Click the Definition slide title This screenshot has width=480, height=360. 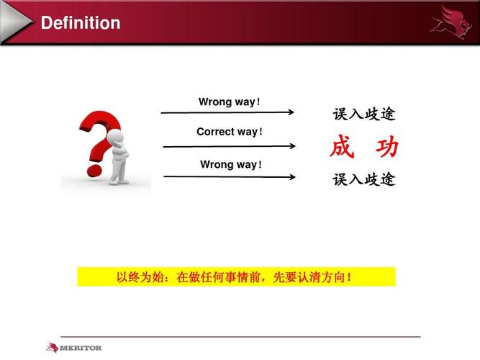(x=81, y=23)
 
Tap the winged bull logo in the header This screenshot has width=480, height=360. (x=450, y=23)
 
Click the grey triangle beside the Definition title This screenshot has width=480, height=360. (x=16, y=22)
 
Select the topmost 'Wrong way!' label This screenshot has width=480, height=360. (x=230, y=102)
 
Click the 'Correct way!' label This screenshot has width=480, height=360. (x=230, y=132)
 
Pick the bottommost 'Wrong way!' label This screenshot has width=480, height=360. (x=231, y=165)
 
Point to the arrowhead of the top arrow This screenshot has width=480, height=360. (x=291, y=112)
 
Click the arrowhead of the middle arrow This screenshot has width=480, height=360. (x=292, y=146)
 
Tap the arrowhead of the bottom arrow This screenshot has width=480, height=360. (x=292, y=177)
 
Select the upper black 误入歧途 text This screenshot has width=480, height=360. (x=364, y=114)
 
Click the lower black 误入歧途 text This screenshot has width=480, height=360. (x=364, y=179)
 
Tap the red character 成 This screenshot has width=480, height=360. (x=343, y=146)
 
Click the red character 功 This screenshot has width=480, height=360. (x=387, y=147)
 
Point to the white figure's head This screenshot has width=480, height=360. (x=115, y=137)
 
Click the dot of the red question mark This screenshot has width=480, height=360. (x=94, y=171)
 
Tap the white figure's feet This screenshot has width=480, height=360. (x=119, y=182)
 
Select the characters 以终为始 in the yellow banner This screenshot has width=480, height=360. (x=140, y=277)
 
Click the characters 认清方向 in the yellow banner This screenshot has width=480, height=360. (x=322, y=277)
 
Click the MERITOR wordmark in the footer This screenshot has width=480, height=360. (x=81, y=348)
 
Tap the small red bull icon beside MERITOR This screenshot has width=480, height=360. (x=52, y=348)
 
